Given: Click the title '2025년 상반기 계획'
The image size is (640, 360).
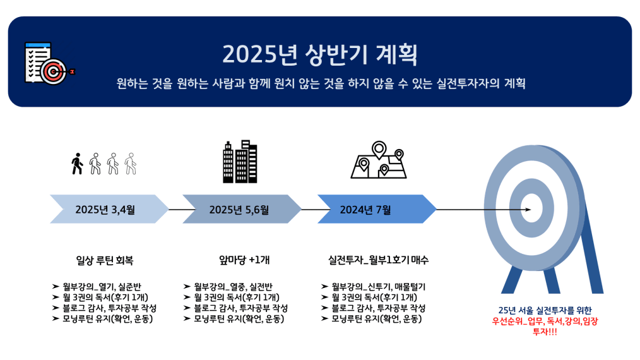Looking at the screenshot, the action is (320, 54).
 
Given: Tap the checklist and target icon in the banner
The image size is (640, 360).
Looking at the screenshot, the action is (50, 63).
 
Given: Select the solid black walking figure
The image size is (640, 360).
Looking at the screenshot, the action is (77, 164).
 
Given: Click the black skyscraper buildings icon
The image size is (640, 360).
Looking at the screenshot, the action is (240, 162).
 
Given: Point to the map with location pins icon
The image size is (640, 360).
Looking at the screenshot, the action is (379, 160).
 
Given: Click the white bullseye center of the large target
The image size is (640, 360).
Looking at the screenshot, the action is (532, 208).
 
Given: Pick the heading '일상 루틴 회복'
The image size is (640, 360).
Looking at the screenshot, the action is (105, 260).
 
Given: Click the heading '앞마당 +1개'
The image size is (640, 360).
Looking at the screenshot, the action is (244, 260).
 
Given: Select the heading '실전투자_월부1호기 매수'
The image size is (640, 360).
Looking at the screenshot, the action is (378, 260).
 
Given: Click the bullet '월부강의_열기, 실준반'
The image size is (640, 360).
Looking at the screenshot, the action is (102, 287).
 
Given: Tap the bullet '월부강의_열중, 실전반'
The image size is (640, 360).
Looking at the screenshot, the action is (233, 287).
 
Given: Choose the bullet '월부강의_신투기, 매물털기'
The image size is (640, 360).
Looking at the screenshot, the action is (378, 287).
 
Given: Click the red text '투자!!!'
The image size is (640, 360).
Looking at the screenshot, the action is (545, 332).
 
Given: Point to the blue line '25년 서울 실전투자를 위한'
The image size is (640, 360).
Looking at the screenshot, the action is (545, 310).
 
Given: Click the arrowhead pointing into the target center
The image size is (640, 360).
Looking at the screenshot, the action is (528, 210).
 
